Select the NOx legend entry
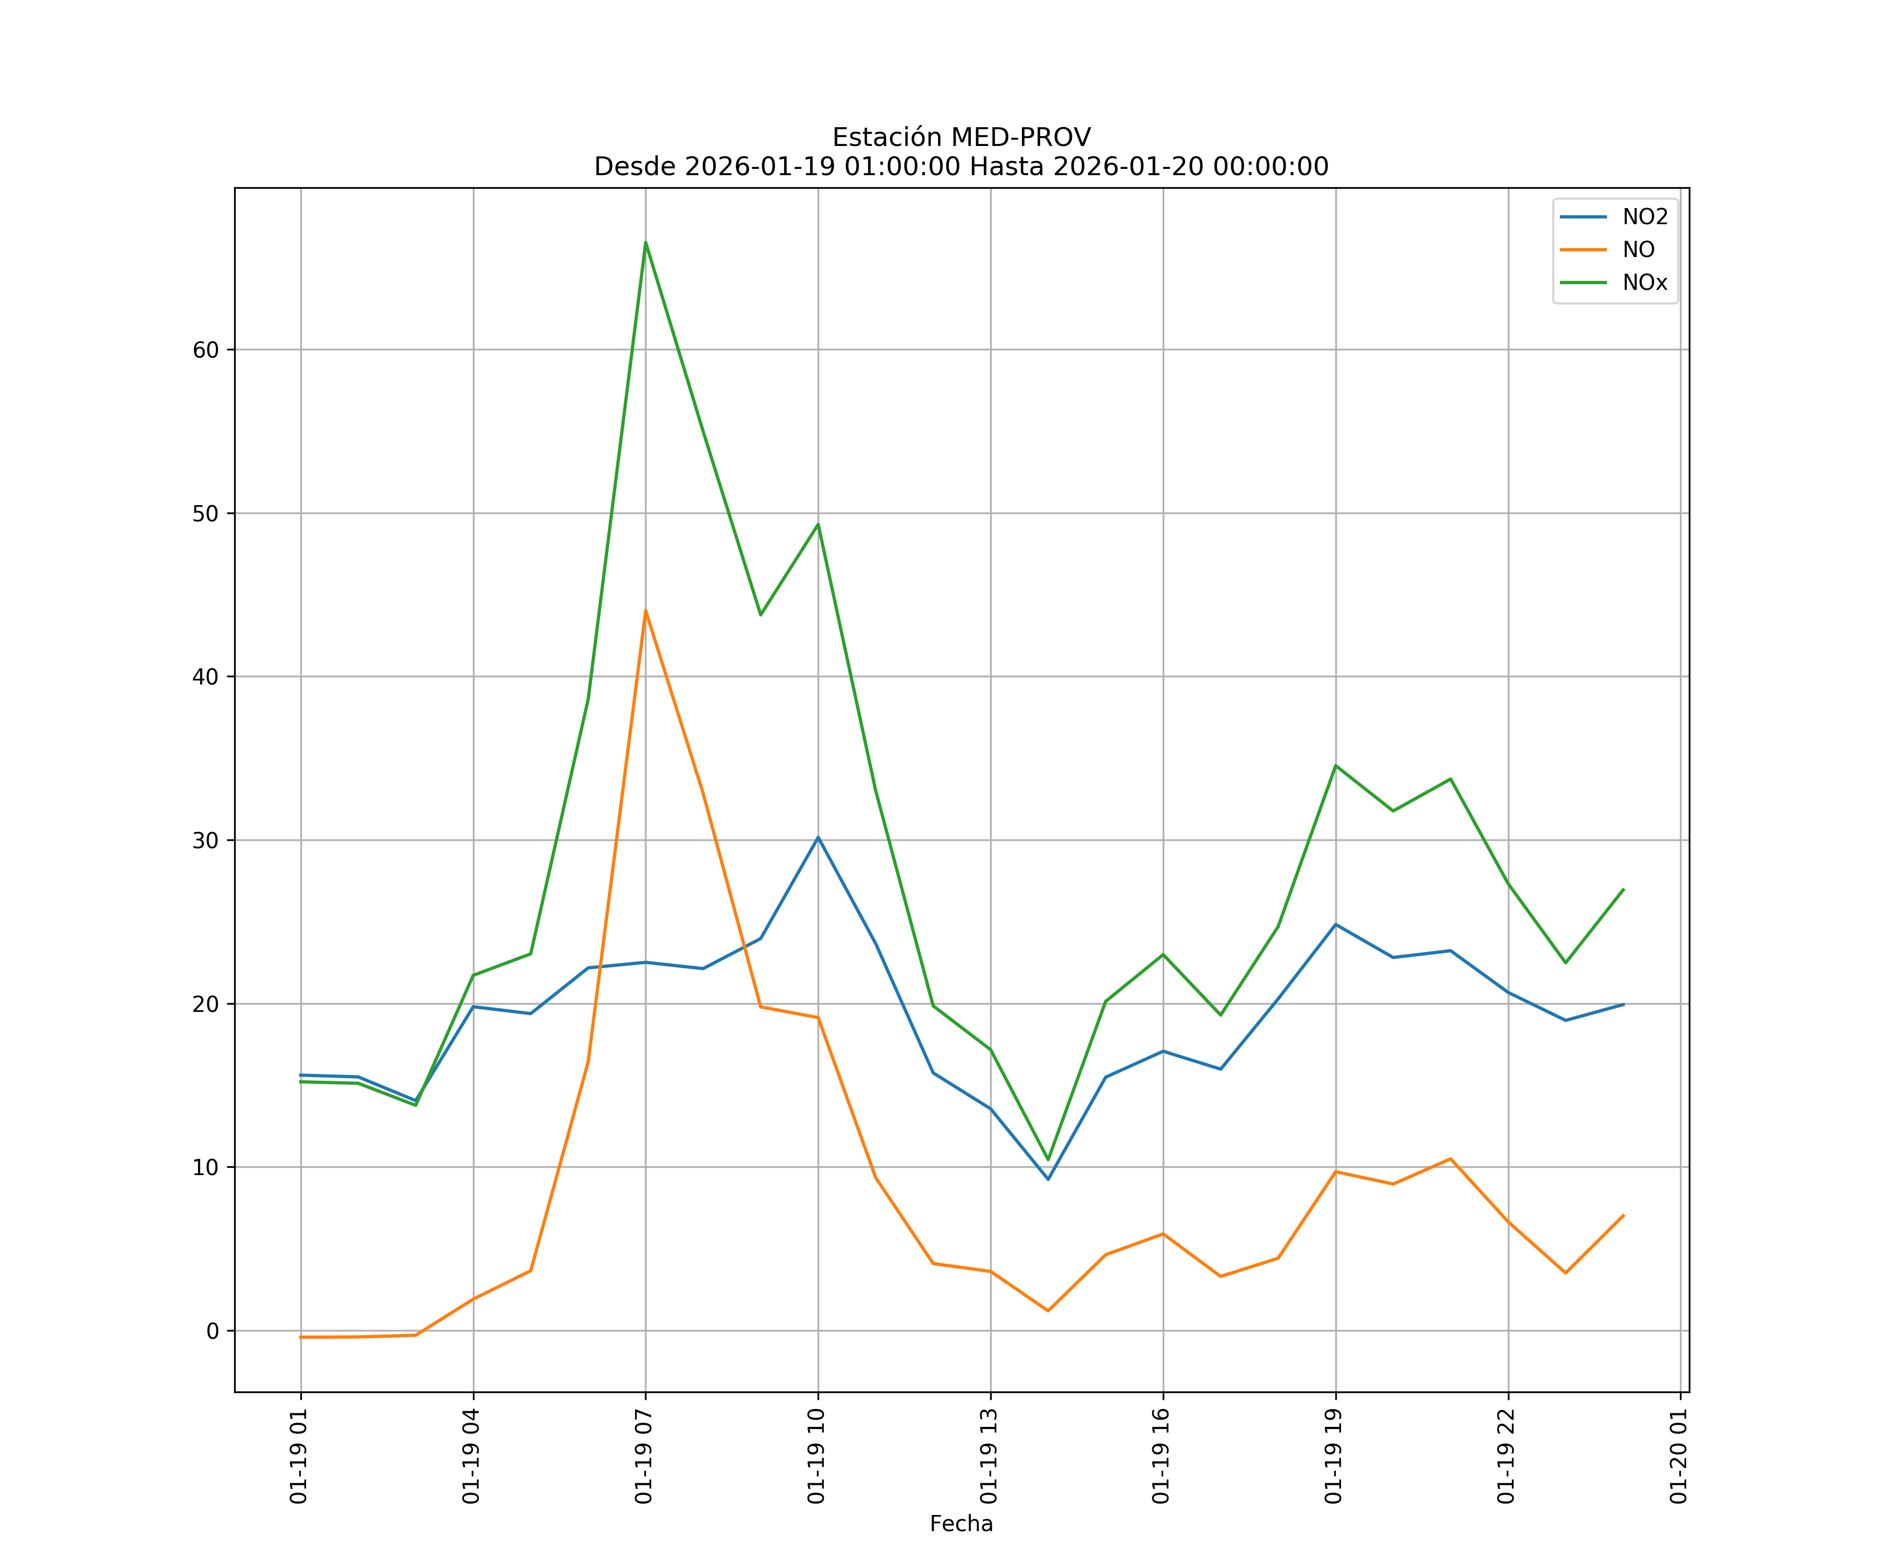coord(1644,283)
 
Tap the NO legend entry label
coord(1638,250)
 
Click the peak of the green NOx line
coord(645,242)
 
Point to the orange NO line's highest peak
coord(645,612)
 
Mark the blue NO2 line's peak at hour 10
coord(818,837)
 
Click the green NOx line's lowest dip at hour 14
coord(1047,1160)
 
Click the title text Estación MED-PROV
coord(961,138)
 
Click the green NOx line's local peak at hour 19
coord(1335,766)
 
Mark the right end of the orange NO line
coord(1623,1215)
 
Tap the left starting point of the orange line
coord(301,1337)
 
